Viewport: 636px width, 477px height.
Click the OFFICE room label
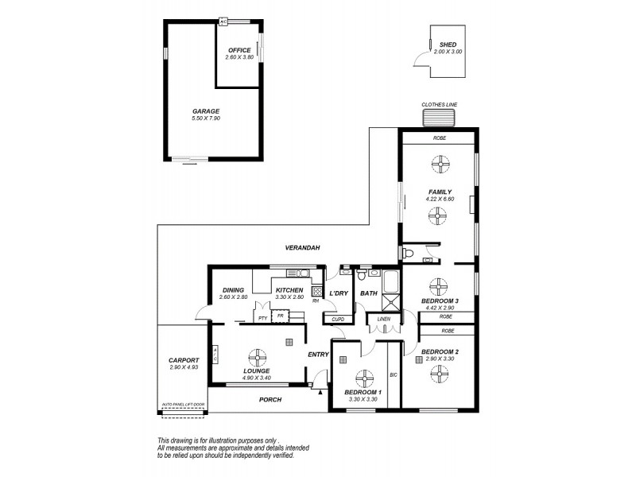click(239, 50)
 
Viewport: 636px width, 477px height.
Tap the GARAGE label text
click(205, 111)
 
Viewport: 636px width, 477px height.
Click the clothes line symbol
click(440, 118)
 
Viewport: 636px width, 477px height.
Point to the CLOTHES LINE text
click(440, 104)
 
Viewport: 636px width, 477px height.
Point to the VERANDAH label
click(304, 248)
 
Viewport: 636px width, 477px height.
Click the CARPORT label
click(184, 360)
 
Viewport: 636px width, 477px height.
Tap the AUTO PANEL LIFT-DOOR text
click(183, 405)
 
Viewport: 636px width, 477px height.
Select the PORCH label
click(271, 399)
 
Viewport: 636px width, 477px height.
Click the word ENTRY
click(318, 355)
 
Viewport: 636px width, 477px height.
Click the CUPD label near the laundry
click(337, 319)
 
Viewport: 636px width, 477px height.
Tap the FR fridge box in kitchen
click(279, 316)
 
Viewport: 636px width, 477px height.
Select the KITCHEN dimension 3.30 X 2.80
click(289, 298)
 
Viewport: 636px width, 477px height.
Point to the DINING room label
click(233, 291)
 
